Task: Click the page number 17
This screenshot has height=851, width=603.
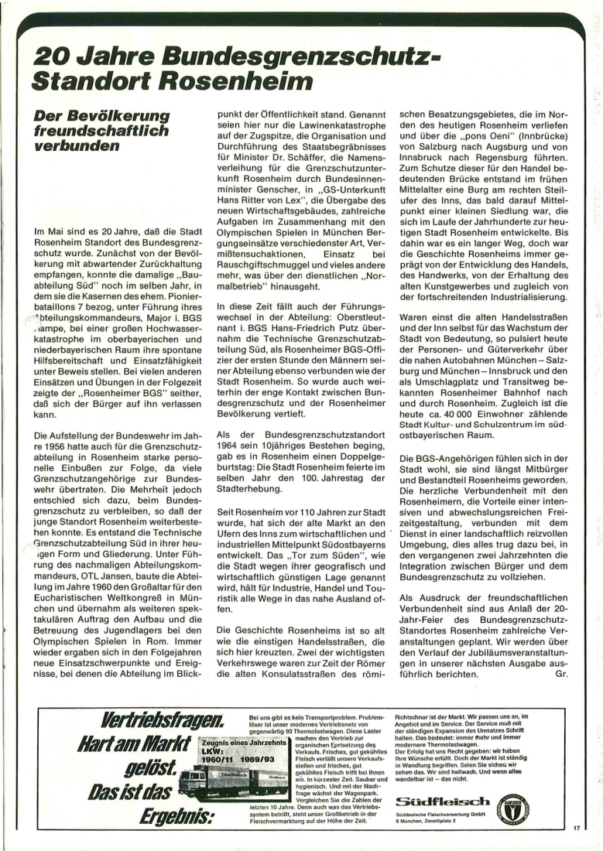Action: pos(577,828)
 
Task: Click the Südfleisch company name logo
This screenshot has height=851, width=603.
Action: pos(441,800)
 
